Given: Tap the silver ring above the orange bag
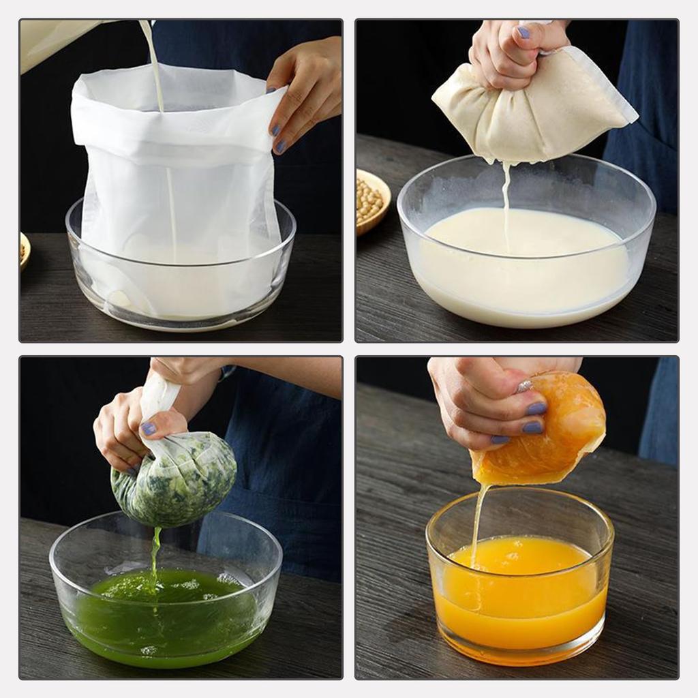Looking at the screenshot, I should click(x=523, y=386).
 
